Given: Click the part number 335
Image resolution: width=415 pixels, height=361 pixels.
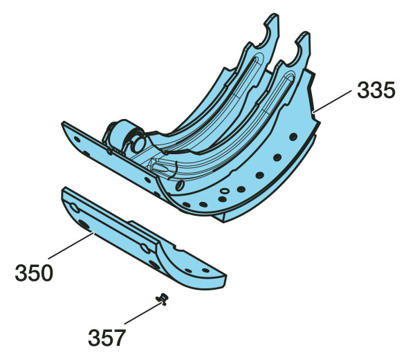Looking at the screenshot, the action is pyautogui.click(x=376, y=90).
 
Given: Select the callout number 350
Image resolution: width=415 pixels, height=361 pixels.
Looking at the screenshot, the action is pyautogui.click(x=34, y=273).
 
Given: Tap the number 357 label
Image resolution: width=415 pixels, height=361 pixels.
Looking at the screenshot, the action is pyautogui.click(x=107, y=337).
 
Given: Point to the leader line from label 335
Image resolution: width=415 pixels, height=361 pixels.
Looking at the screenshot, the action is pyautogui.click(x=332, y=102).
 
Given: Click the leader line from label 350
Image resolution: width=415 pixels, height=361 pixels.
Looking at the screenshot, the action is pyautogui.click(x=71, y=246).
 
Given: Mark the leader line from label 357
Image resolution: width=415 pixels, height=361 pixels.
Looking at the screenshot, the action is pyautogui.click(x=143, y=313).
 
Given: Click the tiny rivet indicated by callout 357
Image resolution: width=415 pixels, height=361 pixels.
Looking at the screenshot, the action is pyautogui.click(x=162, y=299).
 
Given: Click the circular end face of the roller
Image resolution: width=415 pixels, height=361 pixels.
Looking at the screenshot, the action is pyautogui.click(x=138, y=144).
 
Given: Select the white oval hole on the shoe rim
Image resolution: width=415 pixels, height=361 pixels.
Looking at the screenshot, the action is pyautogui.click(x=225, y=191).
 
